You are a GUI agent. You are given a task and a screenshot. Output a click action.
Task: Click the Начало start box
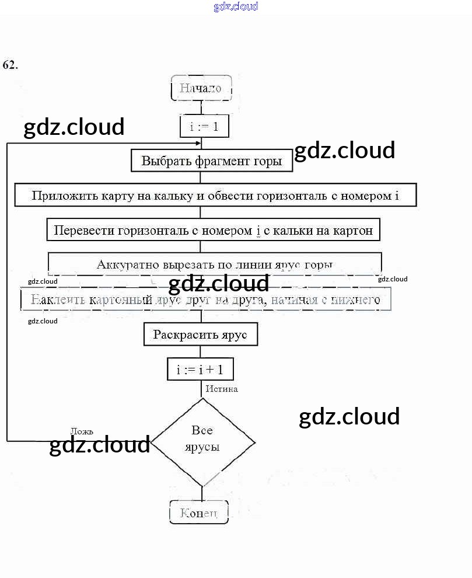pyautogui.click(x=201, y=89)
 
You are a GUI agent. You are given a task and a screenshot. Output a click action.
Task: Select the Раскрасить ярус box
pyautogui.click(x=200, y=335)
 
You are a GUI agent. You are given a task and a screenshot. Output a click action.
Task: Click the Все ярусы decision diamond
pyautogui.click(x=202, y=440)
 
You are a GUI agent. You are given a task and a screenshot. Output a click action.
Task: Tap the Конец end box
pyautogui.click(x=199, y=513)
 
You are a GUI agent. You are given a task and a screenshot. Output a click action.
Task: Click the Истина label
pyautogui.click(x=222, y=389)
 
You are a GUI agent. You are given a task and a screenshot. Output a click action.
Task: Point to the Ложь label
pyautogui.click(x=82, y=431)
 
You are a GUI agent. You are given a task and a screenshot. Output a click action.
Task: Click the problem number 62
pyautogui.click(x=10, y=65)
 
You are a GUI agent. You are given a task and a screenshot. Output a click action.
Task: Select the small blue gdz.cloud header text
pyautogui.click(x=236, y=7)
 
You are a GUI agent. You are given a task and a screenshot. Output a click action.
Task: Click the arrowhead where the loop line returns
pyautogui.click(x=198, y=143)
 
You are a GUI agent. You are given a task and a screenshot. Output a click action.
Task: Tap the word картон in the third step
pyautogui.click(x=353, y=230)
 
